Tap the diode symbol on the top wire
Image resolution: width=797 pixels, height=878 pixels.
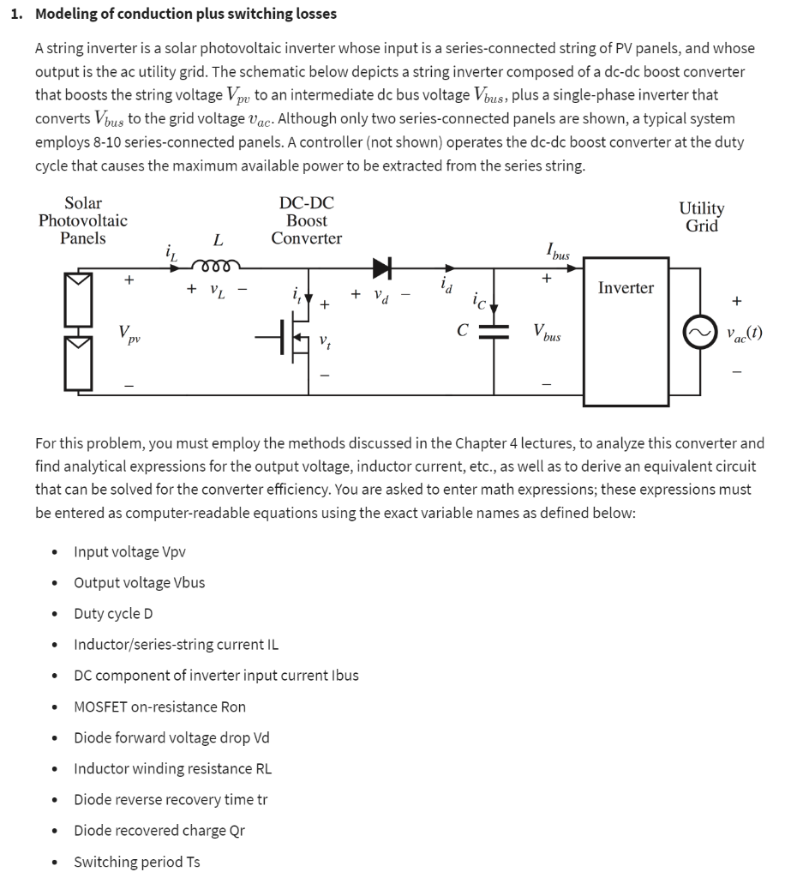tap(382, 268)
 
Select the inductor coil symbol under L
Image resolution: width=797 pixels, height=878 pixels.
tap(218, 263)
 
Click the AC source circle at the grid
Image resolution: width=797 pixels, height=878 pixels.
tap(697, 331)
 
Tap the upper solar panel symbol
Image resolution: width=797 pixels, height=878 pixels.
tap(78, 298)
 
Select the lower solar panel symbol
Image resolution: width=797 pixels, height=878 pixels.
tap(78, 364)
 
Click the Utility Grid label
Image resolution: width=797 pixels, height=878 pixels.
tap(701, 217)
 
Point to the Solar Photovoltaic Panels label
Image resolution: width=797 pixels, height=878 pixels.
tap(83, 220)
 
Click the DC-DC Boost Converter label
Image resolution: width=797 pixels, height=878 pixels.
tap(306, 220)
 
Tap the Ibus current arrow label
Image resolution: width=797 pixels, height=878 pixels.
tap(557, 250)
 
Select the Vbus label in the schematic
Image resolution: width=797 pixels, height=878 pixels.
tap(547, 333)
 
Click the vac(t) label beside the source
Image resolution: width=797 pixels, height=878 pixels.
tap(742, 333)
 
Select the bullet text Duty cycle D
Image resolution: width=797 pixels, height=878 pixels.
tap(113, 614)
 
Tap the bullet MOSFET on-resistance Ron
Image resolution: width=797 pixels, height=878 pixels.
tap(159, 707)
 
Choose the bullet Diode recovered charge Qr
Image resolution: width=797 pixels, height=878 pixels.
tap(159, 830)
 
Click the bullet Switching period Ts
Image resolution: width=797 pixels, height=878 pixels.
tap(136, 862)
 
